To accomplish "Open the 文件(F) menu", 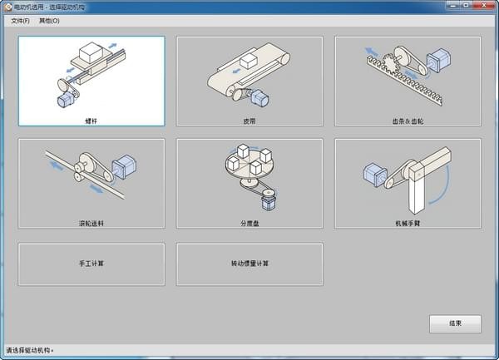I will pos(20,21).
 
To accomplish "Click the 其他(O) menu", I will pos(50,21).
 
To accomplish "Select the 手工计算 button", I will pos(91,264).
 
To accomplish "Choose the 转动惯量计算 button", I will pos(249,264).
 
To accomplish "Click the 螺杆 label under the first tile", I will pos(91,121).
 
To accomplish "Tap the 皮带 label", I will pos(249,121).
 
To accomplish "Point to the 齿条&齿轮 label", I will pos(408,121).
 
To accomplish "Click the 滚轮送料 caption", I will pos(91,223).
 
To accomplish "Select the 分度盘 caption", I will pos(249,223).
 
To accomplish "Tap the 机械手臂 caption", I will pos(408,223).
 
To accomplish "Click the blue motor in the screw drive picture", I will pos(64,99).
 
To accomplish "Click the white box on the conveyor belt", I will pos(247,62).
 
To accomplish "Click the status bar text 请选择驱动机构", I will pos(30,350).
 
